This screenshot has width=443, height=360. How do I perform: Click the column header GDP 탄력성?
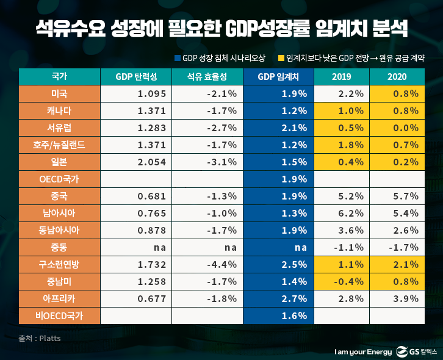pos(135,77)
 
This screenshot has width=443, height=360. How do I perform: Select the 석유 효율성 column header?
pos(207,77)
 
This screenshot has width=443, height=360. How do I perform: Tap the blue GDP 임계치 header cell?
pos(278,77)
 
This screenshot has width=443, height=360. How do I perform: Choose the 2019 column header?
pos(341,77)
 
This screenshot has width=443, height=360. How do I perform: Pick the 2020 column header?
pos(397,77)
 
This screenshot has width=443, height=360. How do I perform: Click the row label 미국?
pos(59,94)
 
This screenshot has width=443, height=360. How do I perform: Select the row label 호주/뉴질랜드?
pos(59,145)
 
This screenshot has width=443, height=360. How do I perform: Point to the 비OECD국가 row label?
pos(59,316)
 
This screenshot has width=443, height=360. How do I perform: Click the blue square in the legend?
pos(178,58)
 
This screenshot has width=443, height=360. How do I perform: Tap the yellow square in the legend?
pos(281,58)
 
